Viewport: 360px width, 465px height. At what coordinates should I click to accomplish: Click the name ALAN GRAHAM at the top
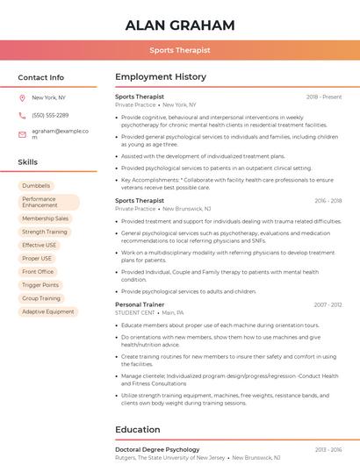coord(180,25)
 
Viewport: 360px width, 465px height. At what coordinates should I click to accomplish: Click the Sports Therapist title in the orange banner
coord(180,51)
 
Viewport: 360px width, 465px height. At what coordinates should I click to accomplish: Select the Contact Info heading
coord(41,77)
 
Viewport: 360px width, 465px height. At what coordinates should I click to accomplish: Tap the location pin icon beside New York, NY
coord(22,98)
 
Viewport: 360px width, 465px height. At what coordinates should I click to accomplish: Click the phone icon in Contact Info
coord(22,115)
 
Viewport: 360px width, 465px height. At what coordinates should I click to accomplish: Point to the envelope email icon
coord(22,133)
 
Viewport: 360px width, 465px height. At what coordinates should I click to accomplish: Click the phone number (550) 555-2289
coord(50,115)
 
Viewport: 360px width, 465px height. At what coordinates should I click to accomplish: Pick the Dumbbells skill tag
coord(36,186)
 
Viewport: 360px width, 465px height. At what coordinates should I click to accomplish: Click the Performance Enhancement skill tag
coord(48,202)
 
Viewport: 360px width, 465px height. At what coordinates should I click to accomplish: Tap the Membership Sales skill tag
coord(45,218)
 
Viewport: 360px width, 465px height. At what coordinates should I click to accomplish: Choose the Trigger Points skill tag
coord(40,285)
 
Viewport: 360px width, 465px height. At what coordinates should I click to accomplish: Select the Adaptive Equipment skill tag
coord(48,311)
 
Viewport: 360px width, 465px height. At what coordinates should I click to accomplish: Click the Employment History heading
coord(161,77)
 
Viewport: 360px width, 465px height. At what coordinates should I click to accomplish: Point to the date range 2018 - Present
coord(324,97)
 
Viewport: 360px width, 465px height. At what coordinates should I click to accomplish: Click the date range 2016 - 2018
coord(328,201)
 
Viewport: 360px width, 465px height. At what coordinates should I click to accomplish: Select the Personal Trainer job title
coord(140,304)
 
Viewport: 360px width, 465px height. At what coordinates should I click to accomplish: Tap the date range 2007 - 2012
coord(328,304)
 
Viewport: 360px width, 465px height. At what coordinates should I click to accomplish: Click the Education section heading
coord(138,430)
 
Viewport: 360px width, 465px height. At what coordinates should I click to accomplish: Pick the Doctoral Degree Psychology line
coord(157,449)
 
